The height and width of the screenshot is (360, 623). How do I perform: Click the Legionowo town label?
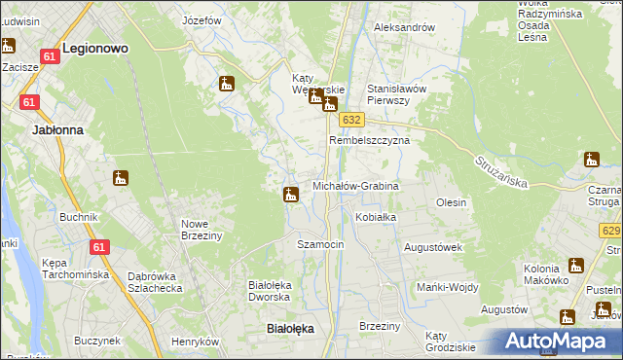coord(95,47)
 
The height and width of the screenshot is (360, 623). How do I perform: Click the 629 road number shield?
coord(610,231)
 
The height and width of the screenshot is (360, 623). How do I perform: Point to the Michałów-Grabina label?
coord(355,185)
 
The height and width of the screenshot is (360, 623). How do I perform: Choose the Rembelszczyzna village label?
coord(369,140)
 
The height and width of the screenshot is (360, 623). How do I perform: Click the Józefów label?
coord(202,19)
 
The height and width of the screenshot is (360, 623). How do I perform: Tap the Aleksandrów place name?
coord(405,27)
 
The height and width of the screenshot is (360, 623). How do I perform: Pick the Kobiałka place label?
coord(376,217)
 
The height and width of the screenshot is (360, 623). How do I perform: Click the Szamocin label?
coord(320,244)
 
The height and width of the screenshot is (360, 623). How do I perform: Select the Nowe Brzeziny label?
coord(202,230)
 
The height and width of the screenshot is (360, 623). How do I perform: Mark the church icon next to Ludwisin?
coord(8,45)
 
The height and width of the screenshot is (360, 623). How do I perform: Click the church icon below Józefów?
coord(227,84)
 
